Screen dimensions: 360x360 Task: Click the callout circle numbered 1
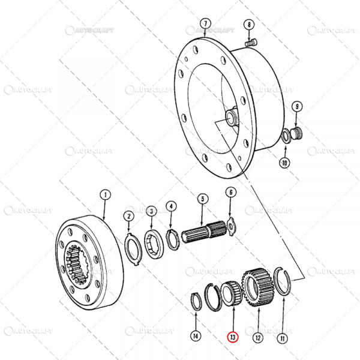click(x=104, y=194)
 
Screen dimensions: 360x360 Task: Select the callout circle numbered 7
click(x=205, y=24)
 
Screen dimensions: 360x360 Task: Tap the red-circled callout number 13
click(x=232, y=337)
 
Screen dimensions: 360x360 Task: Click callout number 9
click(x=296, y=107)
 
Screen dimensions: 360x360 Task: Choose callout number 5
click(x=202, y=199)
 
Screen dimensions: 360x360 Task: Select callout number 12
click(x=257, y=337)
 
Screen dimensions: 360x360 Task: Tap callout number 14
click(x=194, y=337)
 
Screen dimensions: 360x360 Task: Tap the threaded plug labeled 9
click(x=297, y=133)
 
